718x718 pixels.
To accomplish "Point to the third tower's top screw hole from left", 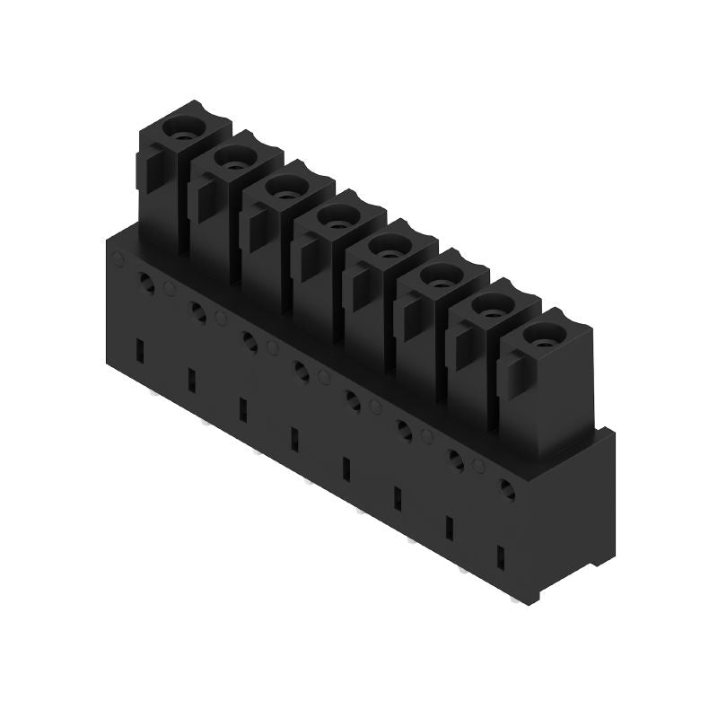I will coord(285,189).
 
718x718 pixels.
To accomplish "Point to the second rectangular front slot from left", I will coord(190,380).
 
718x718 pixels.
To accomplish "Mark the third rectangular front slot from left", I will coord(241,409).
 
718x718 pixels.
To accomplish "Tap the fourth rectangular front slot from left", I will coord(293,439).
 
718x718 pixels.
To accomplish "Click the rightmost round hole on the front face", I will coord(507,490).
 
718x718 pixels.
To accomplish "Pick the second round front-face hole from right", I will coord(456,461).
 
